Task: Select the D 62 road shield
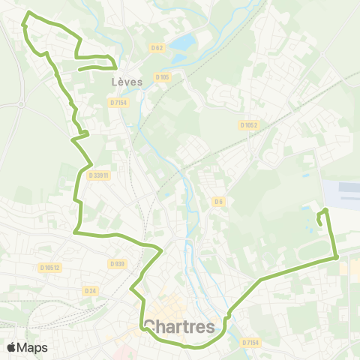pyautogui.click(x=157, y=48)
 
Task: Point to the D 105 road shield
pyautogui.click(x=163, y=76)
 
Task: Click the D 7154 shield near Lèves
pyautogui.click(x=118, y=102)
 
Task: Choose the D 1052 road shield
pyautogui.click(x=250, y=125)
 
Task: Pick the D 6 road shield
pyautogui.click(x=218, y=201)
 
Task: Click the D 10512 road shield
pyautogui.click(x=50, y=266)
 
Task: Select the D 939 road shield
pyautogui.click(x=116, y=263)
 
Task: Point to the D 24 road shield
pyautogui.click(x=91, y=290)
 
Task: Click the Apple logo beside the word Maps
pyautogui.click(x=12, y=347)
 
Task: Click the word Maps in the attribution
pyautogui.click(x=32, y=347)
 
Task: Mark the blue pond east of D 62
pyautogui.click(x=182, y=43)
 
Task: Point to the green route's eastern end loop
pyautogui.click(x=323, y=216)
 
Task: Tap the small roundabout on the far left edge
pyautogui.click(x=20, y=104)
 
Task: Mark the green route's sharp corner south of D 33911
pyautogui.click(x=76, y=232)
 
